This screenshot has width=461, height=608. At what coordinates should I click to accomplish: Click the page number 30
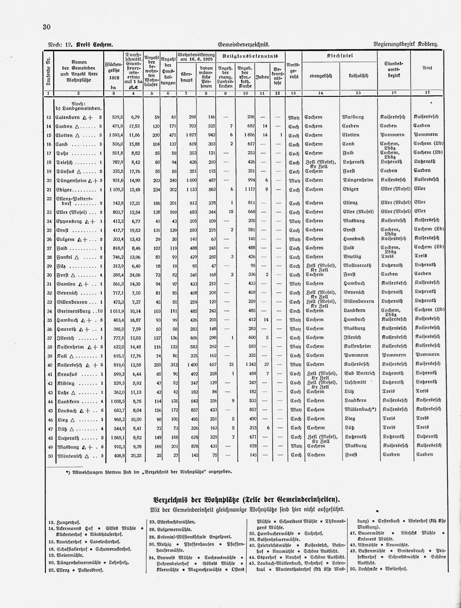coord(47,27)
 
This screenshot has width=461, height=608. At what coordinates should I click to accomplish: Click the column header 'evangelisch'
coord(321,76)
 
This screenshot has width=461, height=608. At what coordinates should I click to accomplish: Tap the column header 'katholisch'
coord(358,76)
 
